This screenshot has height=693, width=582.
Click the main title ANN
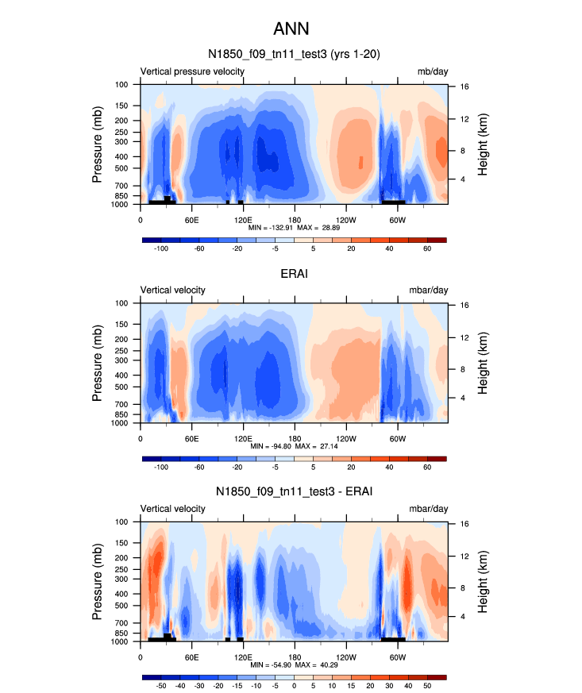[291, 29]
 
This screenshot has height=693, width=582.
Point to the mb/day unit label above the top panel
[432, 71]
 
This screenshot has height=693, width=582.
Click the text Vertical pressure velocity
[192, 71]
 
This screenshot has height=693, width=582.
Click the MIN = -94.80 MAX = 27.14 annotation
[294, 446]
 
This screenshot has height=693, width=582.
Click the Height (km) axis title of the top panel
[483, 144]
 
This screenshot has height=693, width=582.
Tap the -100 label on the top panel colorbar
[161, 248]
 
